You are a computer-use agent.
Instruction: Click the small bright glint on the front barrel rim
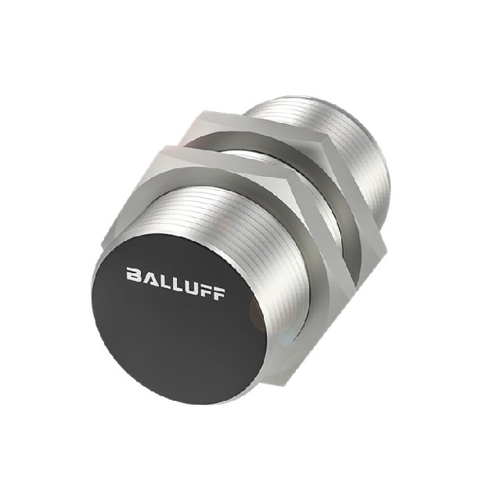[x=292, y=338]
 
